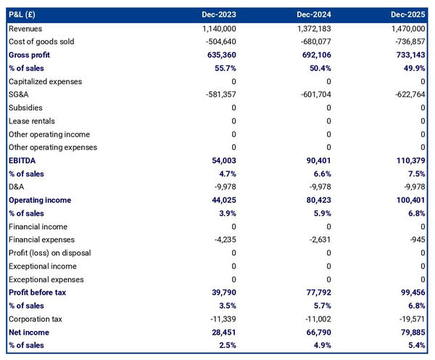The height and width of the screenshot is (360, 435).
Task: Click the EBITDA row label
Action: coord(22,160)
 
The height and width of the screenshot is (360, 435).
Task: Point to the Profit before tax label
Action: coord(38,292)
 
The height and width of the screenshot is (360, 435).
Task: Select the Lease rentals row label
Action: coord(31,120)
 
